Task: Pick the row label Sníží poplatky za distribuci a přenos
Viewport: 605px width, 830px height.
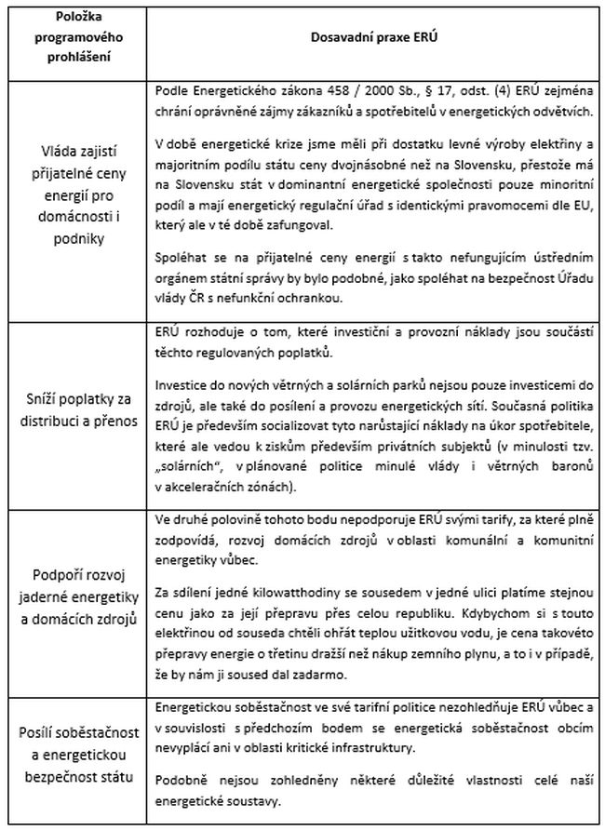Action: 78,414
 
